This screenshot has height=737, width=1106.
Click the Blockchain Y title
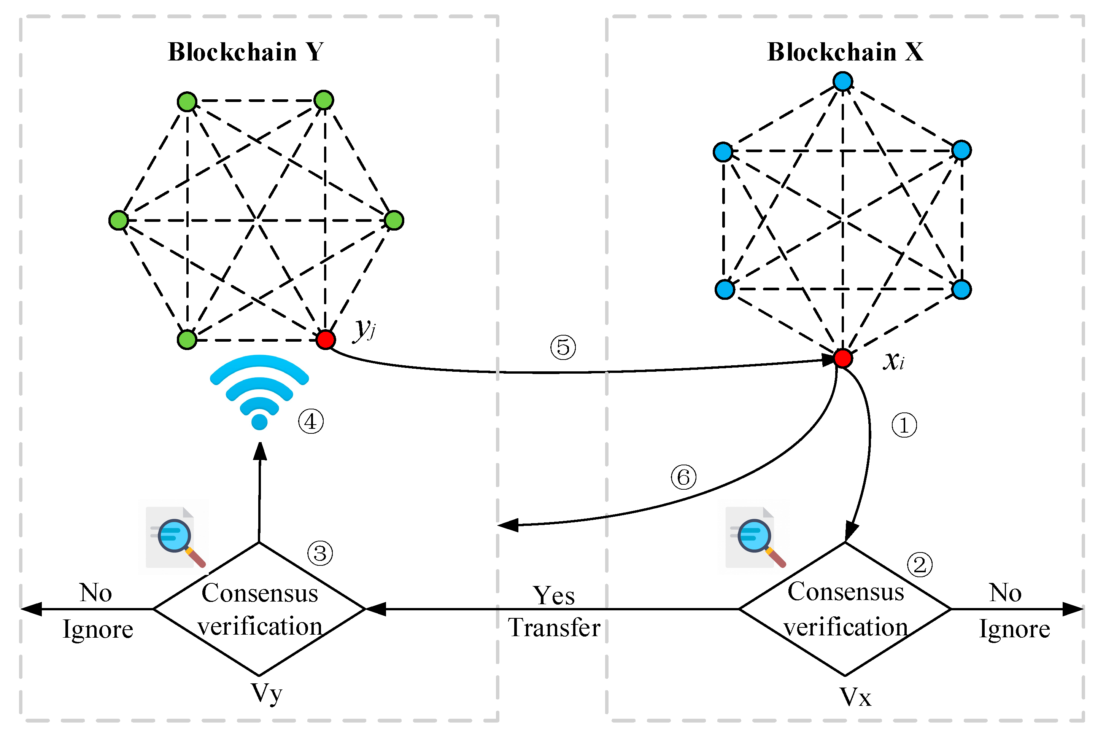coord(245,52)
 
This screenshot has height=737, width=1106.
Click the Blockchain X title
coord(845,52)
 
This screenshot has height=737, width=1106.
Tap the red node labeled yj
coord(325,339)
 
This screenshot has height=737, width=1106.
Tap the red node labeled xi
coord(843,358)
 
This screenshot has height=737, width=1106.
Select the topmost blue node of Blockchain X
coord(843,81)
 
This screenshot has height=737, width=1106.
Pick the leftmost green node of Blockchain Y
coord(118,220)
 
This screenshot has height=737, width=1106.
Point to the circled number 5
coord(563,347)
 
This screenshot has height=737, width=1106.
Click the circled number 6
coord(683,478)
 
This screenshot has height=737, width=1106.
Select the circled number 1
coord(904,425)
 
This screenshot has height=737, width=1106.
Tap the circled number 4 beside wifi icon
coord(311,422)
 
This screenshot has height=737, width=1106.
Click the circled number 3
coord(320,553)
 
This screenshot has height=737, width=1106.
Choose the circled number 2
coord(920,565)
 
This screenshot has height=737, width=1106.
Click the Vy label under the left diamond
coord(266,693)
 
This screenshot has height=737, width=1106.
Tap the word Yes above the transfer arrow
coord(553,595)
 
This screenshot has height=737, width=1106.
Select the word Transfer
coord(554,628)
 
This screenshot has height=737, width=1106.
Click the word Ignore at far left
coord(98,629)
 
